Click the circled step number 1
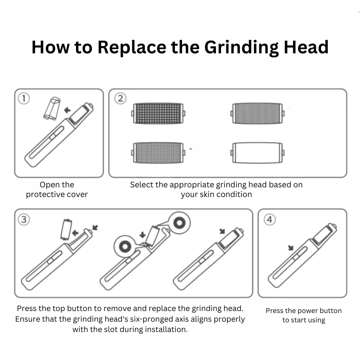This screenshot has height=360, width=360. tap(24, 98)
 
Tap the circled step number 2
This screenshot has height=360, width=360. tap(120, 98)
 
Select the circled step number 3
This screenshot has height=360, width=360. tap(24, 219)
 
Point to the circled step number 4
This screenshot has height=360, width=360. tap(270, 219)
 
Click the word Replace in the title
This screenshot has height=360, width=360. tap(132, 48)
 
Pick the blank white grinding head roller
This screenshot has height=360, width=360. tap(257, 153)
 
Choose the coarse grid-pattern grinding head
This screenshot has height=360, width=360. tap(158, 113)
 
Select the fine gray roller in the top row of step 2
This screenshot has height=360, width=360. tap(257, 113)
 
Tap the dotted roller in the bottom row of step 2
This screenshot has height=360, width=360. tap(158, 153)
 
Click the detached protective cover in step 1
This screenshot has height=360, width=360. tap(52, 108)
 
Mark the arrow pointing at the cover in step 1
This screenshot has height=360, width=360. tap(67, 110)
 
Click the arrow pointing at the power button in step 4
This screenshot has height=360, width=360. tap(291, 248)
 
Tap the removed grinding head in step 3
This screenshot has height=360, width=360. tap(66, 230)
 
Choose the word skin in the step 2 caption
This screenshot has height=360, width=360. tap(207, 194)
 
